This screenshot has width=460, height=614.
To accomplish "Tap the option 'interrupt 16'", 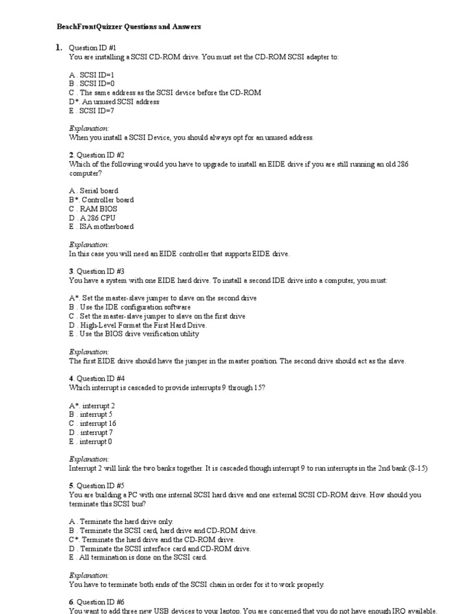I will tap(98, 423).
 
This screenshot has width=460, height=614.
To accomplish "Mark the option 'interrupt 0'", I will tap(96, 441).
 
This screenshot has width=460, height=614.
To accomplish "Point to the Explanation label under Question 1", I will tap(89, 128).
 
